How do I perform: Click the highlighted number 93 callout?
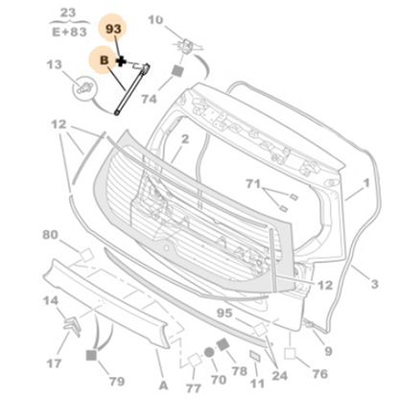113,29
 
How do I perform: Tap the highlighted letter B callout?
104,60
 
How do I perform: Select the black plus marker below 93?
121,61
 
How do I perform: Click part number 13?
54,64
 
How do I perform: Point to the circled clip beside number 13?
84,88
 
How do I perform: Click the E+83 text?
69,32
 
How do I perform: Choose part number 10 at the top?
155,20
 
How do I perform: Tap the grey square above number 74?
177,71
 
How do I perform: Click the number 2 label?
185,139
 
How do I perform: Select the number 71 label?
253,184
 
